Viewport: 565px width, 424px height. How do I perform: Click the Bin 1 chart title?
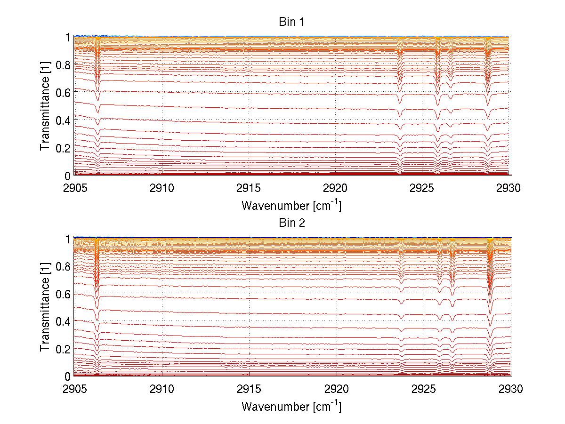click(291, 22)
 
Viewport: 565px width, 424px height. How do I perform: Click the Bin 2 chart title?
click(291, 223)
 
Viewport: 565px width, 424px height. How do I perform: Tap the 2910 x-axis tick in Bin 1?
click(161, 189)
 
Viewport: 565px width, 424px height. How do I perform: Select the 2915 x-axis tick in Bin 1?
click(249, 189)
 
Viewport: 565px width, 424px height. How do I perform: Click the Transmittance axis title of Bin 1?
click(45, 106)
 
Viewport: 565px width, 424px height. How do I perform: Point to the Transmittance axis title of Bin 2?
click(45, 307)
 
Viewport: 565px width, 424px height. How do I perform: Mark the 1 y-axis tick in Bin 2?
click(67, 239)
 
